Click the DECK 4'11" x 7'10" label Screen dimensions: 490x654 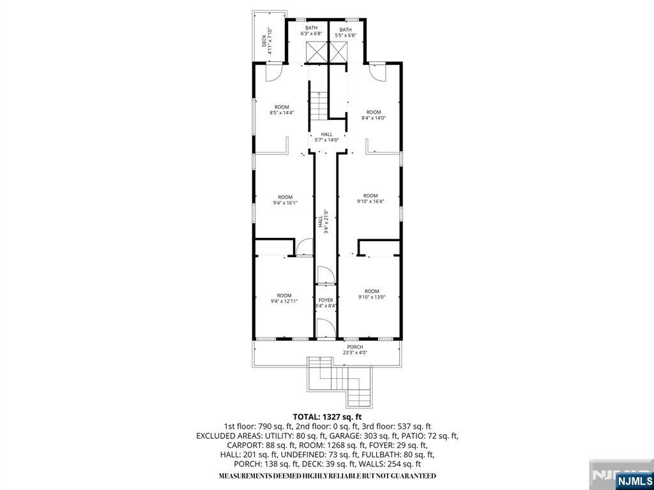[267, 37]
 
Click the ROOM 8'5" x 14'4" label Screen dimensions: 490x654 [282, 110]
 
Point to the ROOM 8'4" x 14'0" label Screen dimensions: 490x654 [374, 115]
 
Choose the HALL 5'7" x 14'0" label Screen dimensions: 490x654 [326, 137]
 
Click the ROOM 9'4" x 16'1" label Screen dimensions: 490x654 [285, 200]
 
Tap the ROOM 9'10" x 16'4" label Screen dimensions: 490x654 [370, 198]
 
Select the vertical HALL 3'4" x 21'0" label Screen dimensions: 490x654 [323, 222]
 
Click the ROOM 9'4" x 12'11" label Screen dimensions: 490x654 [285, 298]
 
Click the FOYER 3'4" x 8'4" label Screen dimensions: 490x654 [326, 302]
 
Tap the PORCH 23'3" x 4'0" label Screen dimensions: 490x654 [355, 350]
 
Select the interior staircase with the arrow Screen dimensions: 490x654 [318, 105]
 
